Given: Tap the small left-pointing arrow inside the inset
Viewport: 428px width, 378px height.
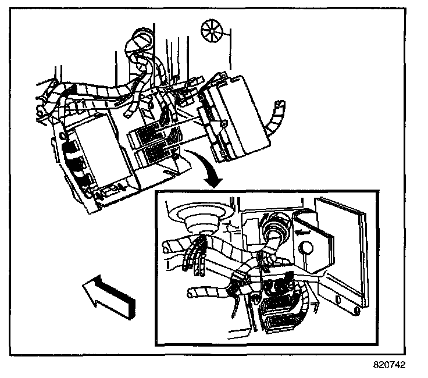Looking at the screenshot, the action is click(301, 231).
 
